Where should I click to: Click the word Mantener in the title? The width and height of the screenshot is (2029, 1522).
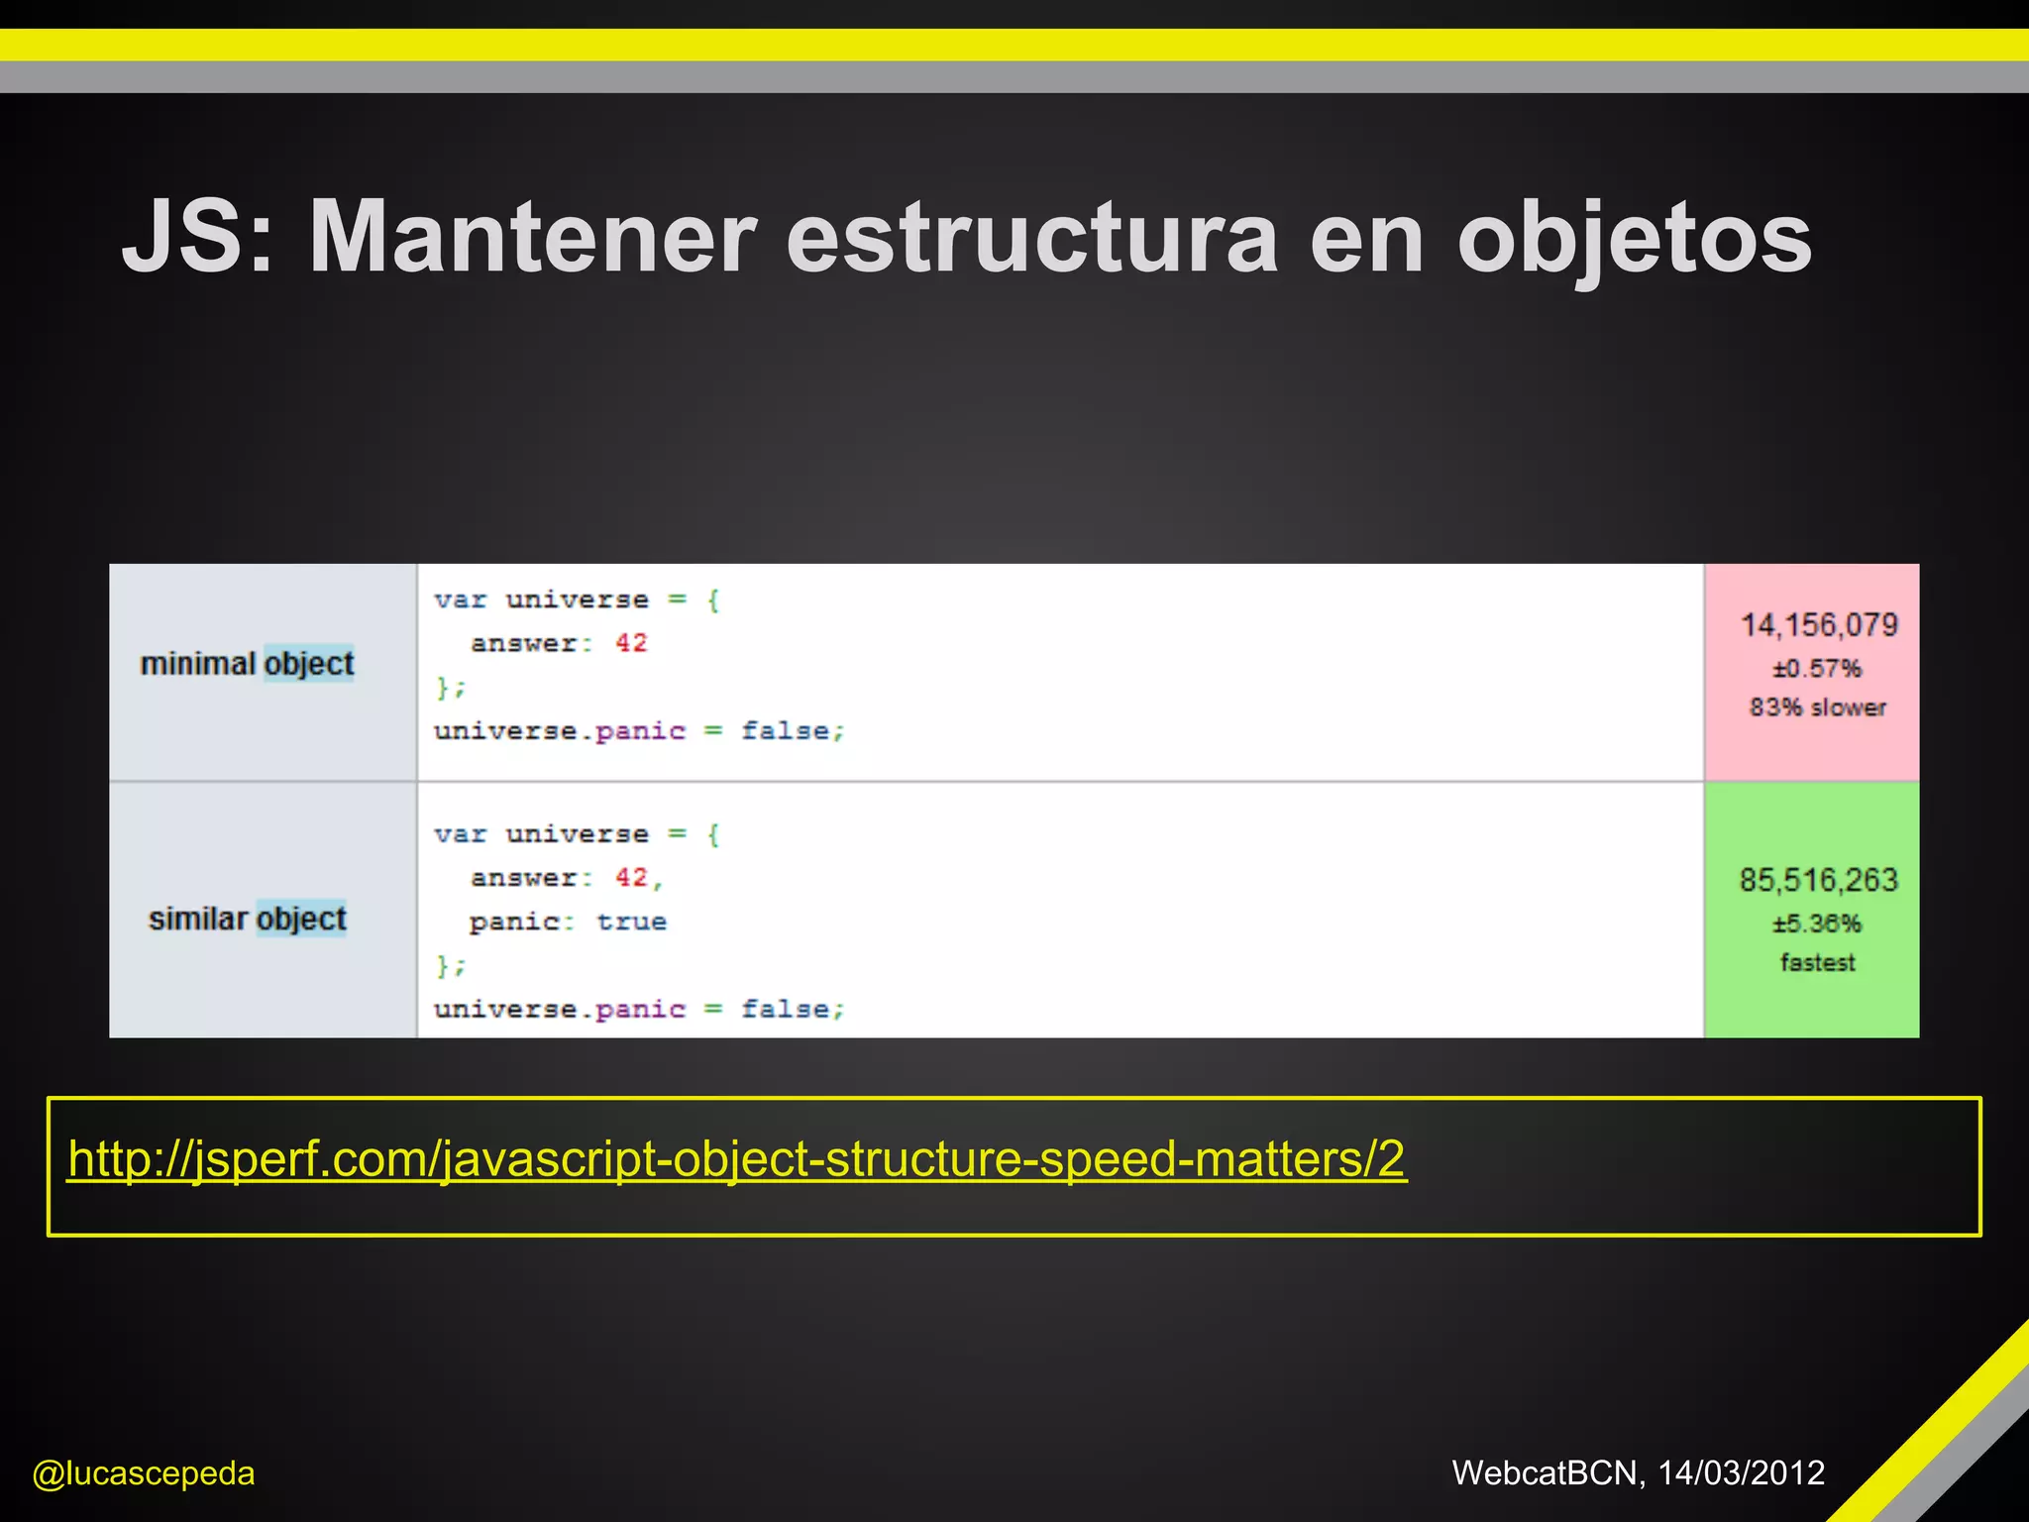(x=533, y=238)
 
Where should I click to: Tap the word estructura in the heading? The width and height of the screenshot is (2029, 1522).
(x=1031, y=238)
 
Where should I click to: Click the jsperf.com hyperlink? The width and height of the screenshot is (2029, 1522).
(x=736, y=1158)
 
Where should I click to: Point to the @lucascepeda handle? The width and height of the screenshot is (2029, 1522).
(x=144, y=1473)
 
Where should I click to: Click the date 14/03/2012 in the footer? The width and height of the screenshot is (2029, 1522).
(x=1741, y=1472)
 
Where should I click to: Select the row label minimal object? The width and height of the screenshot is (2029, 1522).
(x=247, y=663)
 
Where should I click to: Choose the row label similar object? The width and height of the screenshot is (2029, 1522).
(x=248, y=919)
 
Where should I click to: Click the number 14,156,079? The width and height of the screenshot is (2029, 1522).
(x=1819, y=625)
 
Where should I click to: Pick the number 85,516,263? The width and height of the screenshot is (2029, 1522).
(x=1818, y=880)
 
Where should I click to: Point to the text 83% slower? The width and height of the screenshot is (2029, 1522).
(x=1817, y=707)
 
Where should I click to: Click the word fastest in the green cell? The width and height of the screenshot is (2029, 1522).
(x=1817, y=962)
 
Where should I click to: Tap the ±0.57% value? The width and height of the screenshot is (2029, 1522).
(x=1817, y=669)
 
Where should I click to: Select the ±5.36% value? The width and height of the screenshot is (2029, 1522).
(x=1817, y=924)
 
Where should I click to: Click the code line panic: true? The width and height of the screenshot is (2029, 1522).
(x=568, y=923)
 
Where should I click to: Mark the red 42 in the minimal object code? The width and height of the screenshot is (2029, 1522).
(x=631, y=643)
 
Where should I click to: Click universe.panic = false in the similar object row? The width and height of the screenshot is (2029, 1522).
(x=639, y=1010)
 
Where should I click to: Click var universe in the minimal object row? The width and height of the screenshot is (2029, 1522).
(x=541, y=600)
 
